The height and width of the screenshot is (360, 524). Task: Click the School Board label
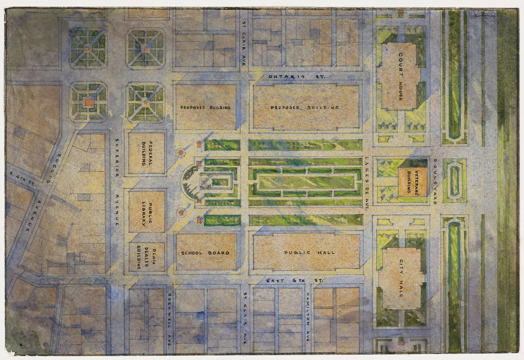coord(206,253)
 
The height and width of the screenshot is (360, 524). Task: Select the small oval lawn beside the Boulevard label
coord(455,180)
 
